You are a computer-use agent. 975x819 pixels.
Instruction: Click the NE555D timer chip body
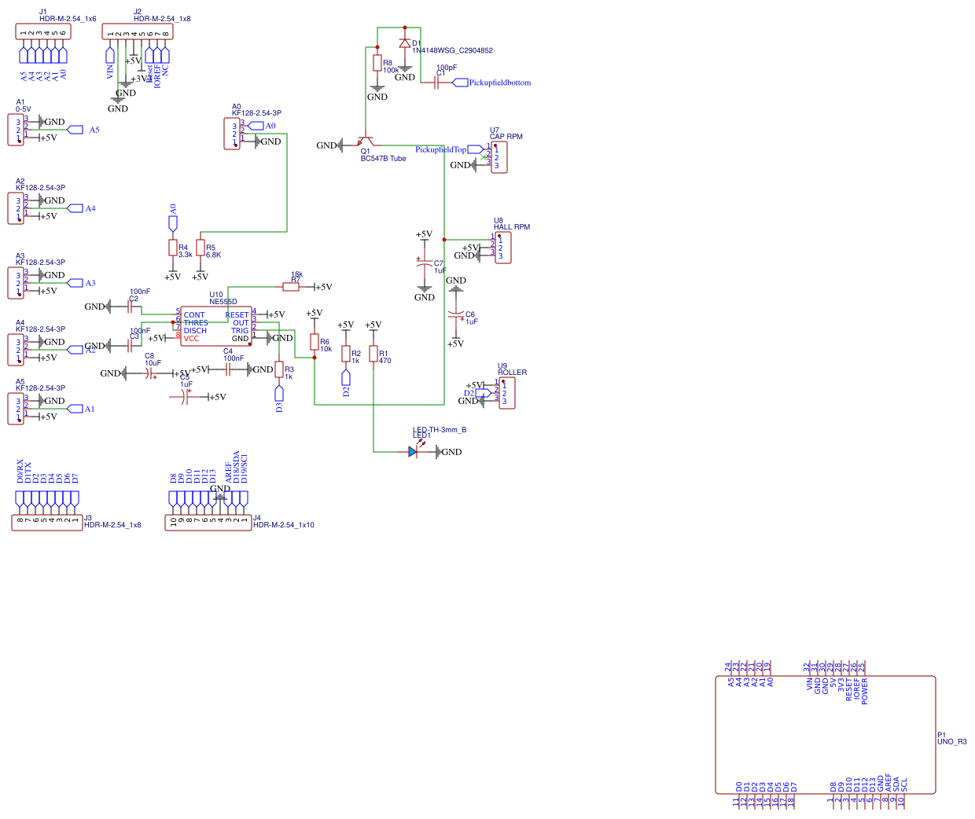(x=216, y=326)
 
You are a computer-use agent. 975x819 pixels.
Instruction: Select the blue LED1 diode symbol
(x=414, y=451)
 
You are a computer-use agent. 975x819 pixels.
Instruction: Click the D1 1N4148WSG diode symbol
(x=405, y=43)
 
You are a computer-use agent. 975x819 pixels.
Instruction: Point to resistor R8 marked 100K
(x=377, y=63)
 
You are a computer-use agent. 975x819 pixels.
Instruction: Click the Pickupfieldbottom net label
(x=499, y=83)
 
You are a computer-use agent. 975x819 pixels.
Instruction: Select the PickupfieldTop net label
(x=441, y=149)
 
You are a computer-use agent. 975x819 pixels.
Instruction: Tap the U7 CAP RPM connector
(x=499, y=157)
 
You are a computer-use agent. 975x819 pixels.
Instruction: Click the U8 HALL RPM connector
(x=503, y=248)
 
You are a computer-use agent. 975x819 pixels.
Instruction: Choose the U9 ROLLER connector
(x=507, y=393)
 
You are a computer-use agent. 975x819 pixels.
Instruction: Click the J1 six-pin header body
(x=43, y=31)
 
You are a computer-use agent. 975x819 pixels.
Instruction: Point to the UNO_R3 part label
(x=951, y=741)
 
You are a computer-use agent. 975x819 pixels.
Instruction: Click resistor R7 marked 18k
(x=291, y=287)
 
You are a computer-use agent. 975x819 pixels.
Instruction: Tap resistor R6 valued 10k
(x=315, y=342)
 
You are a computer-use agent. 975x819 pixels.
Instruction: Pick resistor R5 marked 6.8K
(x=201, y=248)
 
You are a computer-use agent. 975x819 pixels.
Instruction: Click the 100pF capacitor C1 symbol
(x=436, y=83)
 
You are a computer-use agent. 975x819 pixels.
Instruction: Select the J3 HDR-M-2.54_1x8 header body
(x=47, y=522)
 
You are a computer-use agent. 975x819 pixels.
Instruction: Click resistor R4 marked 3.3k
(x=173, y=248)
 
